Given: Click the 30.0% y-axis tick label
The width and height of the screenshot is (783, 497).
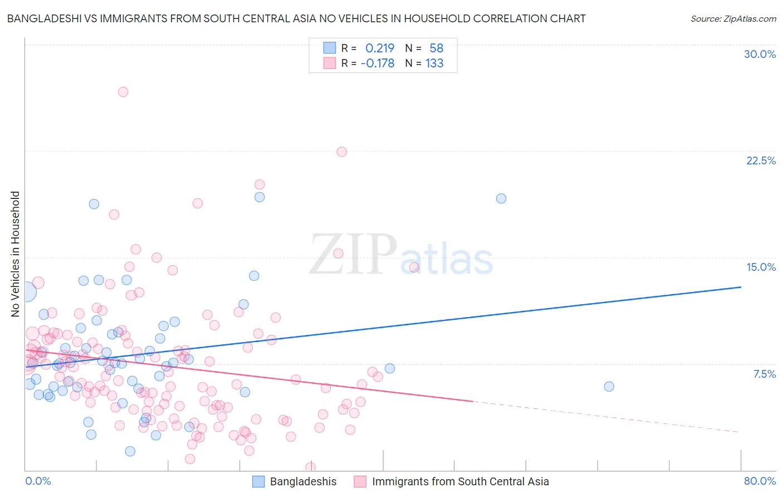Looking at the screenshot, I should tap(760, 54).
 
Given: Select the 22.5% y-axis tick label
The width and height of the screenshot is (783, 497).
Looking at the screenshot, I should tap(761, 160).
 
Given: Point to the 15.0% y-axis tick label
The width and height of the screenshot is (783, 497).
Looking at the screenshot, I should tap(761, 267).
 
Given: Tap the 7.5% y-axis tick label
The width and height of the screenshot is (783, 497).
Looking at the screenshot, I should tap(764, 374).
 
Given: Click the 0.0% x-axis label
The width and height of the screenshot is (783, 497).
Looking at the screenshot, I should tap(38, 481).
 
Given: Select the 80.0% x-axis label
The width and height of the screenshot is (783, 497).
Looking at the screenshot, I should tap(760, 481).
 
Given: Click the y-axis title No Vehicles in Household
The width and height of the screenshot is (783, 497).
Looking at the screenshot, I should tap(15, 254).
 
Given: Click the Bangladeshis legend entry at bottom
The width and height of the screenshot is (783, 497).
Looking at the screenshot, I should tap(303, 481).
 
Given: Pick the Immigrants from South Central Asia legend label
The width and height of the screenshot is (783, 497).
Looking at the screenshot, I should tap(460, 481).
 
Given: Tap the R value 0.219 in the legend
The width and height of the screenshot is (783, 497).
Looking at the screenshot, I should tap(379, 48).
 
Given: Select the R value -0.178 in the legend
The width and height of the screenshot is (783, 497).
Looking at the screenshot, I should tap(377, 64).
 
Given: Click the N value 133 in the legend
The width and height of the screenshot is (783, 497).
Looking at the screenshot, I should tap(434, 64).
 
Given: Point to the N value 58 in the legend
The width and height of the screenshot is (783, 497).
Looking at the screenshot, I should tap(436, 48).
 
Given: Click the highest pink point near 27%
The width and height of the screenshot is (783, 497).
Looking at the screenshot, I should tap(123, 92).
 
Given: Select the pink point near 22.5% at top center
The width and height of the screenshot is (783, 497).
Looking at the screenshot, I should tap(342, 152).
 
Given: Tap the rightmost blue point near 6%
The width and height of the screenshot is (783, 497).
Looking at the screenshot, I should tap(609, 387).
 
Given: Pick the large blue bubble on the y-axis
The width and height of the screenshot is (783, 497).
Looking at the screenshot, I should tap(26, 291).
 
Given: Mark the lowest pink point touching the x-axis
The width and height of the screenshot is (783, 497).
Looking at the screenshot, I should tap(310, 467).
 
